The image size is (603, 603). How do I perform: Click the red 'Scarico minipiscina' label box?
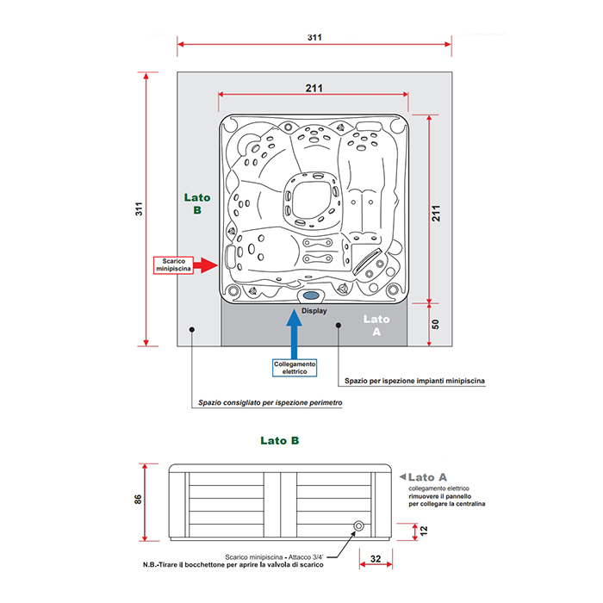pyautogui.click(x=173, y=265)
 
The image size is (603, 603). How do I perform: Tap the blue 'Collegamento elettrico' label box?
pyautogui.click(x=295, y=368)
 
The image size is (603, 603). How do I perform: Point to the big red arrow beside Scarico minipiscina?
pyautogui.click(x=205, y=265)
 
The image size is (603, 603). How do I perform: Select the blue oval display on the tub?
pyautogui.click(x=311, y=295)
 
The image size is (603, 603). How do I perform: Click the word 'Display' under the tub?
pyautogui.click(x=314, y=311)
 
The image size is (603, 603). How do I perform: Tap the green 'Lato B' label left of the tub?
pyautogui.click(x=197, y=204)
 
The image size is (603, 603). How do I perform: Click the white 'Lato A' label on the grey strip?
pyautogui.click(x=376, y=326)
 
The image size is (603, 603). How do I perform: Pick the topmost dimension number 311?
pyautogui.click(x=314, y=37)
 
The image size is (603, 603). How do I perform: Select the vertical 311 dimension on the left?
pyautogui.click(x=139, y=208)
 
